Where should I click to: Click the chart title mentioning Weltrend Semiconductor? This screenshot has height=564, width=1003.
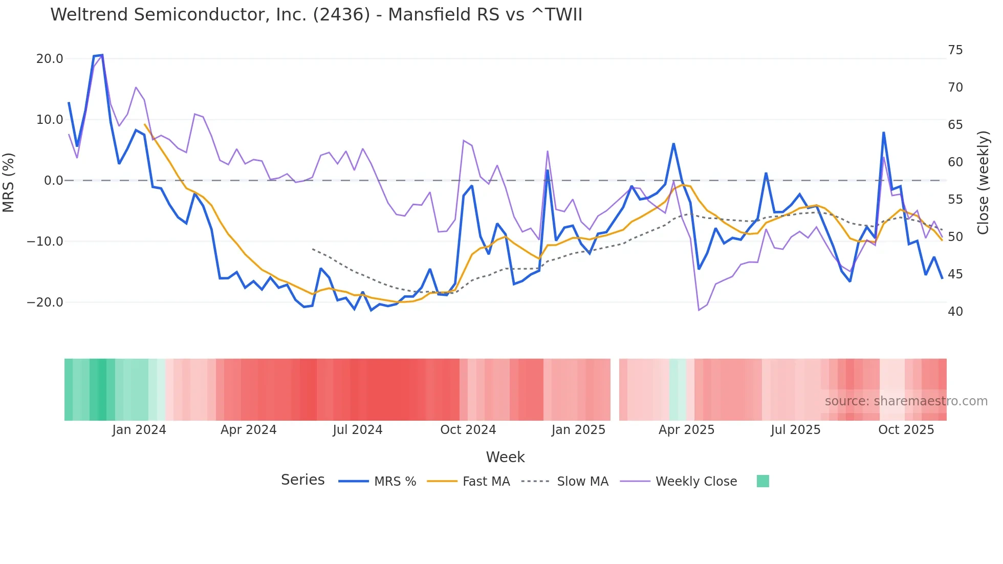[316, 14]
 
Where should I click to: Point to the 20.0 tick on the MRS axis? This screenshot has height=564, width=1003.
[50, 58]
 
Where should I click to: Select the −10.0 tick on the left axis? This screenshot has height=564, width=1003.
[45, 241]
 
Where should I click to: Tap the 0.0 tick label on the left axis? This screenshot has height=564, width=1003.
[54, 180]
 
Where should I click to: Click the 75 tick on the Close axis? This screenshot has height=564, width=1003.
[955, 50]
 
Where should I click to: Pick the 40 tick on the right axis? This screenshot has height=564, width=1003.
[955, 311]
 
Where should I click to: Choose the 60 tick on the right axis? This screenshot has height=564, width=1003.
[955, 162]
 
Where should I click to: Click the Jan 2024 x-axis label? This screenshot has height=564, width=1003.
[139, 429]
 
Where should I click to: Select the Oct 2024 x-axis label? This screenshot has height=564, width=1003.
[468, 429]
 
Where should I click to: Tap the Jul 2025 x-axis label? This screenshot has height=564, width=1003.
[795, 429]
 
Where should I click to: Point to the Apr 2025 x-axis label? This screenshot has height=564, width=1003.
[686, 429]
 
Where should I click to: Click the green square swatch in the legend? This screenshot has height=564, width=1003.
[762, 481]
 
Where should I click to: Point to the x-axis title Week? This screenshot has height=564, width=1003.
[505, 457]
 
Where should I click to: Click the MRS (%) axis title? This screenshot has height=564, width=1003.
[9, 182]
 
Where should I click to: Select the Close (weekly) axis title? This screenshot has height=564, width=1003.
[983, 182]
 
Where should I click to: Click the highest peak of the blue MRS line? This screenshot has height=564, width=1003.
[102, 55]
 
